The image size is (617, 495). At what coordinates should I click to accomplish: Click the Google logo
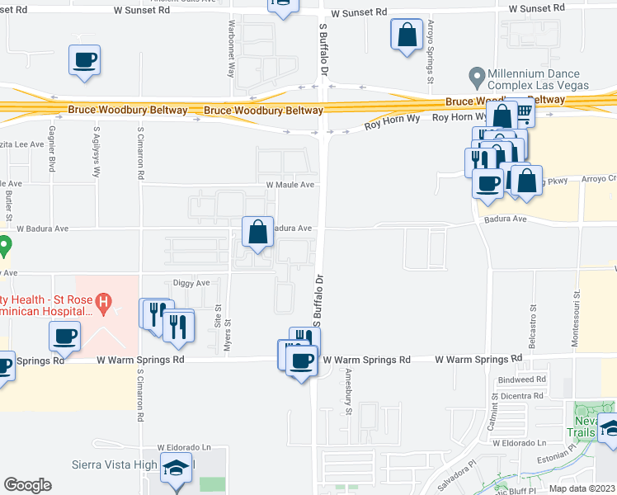coord(27,484)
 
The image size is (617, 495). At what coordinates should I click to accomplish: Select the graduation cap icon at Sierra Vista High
coord(176,468)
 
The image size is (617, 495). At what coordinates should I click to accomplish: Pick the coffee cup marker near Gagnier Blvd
coord(85,60)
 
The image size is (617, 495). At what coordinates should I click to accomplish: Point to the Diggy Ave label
coord(191,282)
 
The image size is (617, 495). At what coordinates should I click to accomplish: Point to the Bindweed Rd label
coord(523,379)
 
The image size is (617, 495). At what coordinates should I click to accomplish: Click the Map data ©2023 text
coord(582,488)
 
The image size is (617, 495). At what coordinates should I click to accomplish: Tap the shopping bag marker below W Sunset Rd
coord(407,36)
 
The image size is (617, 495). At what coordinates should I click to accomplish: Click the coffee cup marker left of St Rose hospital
coord(65,337)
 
